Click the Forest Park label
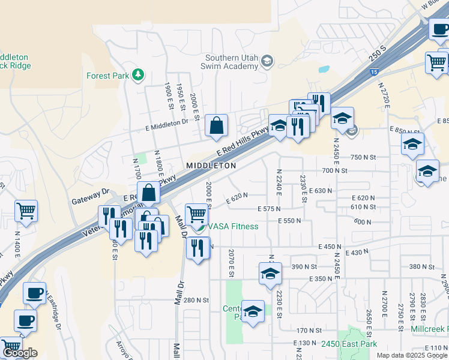[108, 76]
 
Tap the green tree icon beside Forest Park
[139, 74]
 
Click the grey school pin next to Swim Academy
[267, 61]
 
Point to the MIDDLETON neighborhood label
[211, 165]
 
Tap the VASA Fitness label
[234, 226]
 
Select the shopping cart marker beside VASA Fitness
[197, 214]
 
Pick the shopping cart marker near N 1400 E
[26, 211]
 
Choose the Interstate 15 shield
[374, 72]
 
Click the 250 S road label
[378, 55]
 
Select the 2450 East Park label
[348, 344]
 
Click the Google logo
[19, 353]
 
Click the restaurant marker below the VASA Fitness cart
[197, 247]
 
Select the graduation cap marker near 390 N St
[270, 274]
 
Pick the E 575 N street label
[269, 209]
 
